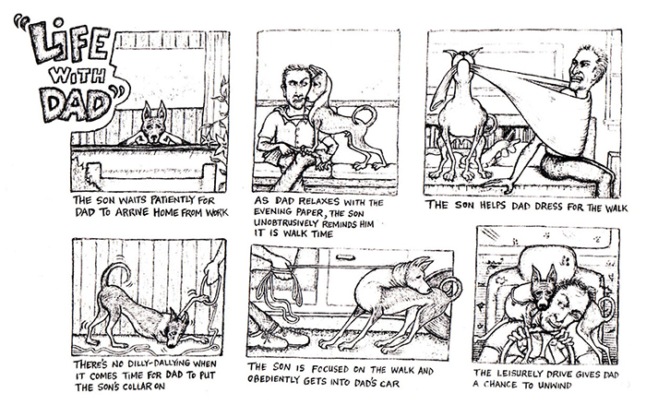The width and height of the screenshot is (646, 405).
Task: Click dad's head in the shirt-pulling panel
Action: point(587,68)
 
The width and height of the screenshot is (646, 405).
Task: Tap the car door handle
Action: point(346,257)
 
